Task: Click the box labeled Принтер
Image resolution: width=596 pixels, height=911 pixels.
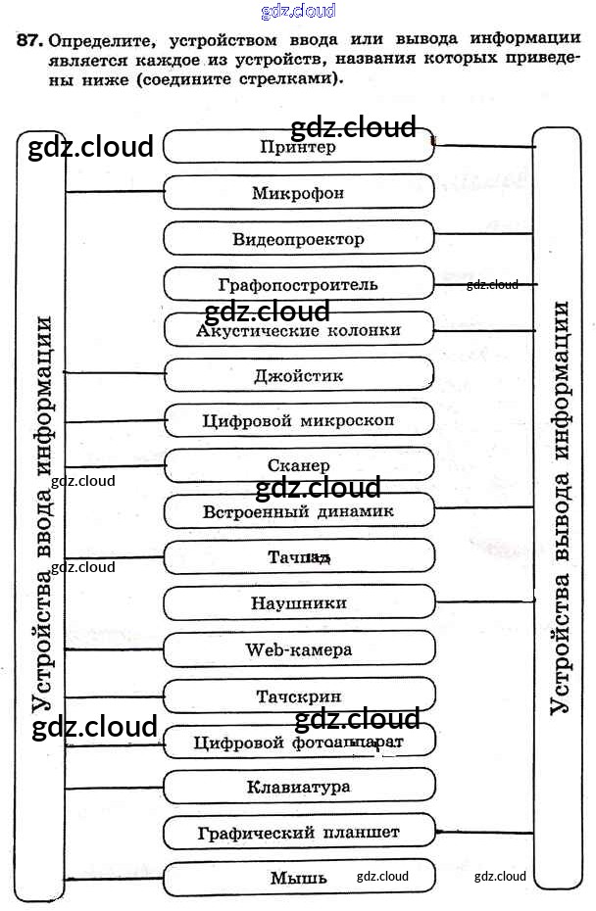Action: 298,148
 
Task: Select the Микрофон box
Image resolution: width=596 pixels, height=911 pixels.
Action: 298,193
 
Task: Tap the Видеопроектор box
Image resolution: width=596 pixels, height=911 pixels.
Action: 298,239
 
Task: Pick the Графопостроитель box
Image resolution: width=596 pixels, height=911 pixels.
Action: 298,285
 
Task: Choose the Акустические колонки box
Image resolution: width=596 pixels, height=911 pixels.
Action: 298,331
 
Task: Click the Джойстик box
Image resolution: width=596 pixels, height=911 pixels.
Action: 298,376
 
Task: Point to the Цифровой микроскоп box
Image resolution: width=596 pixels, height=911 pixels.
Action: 298,421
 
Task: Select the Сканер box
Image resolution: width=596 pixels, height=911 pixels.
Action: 298,466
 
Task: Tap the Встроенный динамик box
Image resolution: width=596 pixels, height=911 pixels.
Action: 298,511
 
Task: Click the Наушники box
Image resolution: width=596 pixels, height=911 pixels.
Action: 298,603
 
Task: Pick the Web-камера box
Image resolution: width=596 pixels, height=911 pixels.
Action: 298,648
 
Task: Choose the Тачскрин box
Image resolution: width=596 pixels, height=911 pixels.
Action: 298,696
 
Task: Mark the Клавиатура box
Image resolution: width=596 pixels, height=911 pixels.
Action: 298,787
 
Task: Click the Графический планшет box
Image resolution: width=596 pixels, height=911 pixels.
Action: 298,833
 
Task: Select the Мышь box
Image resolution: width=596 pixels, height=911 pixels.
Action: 298,878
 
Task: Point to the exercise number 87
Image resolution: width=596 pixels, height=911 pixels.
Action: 29,40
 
